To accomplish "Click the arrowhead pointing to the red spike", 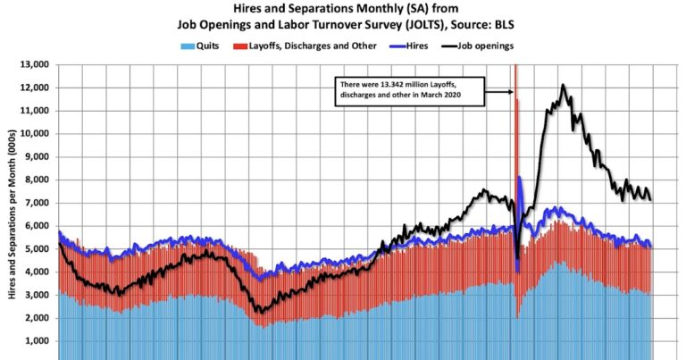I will click(x=512, y=91).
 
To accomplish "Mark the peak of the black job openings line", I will click(x=563, y=86).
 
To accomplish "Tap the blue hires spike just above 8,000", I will click(x=520, y=179).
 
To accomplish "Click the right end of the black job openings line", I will click(x=651, y=199).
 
